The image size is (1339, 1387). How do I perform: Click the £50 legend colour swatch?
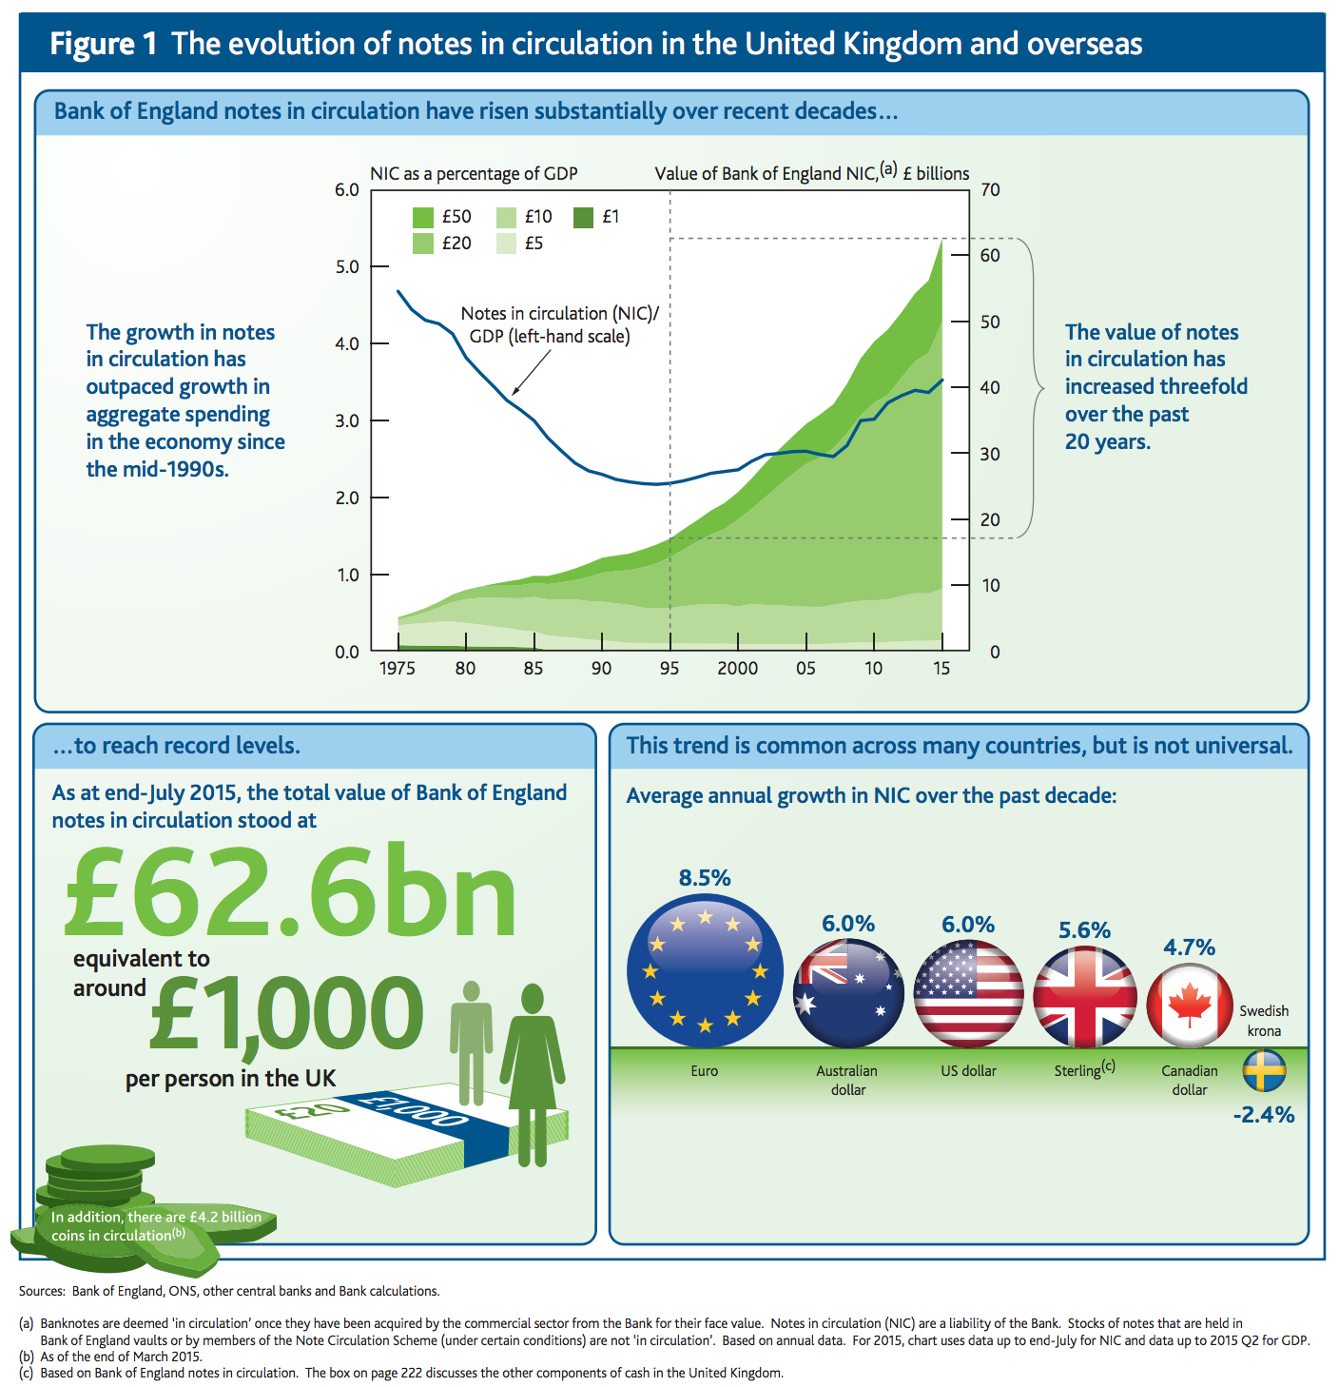point(423,217)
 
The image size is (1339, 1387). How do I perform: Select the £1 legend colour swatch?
point(584,217)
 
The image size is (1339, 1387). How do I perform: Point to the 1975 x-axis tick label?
point(398,668)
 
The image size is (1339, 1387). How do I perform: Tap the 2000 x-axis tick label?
point(737,668)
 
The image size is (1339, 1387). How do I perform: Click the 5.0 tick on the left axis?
point(347,266)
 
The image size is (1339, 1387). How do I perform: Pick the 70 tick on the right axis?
point(990,189)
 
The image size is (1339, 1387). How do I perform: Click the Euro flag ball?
point(705,970)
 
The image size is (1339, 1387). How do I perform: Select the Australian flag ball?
point(848,993)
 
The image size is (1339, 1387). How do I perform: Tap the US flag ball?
point(968,993)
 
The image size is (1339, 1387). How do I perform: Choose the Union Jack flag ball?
point(1084,997)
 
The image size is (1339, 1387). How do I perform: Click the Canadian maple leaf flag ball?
point(1190,1005)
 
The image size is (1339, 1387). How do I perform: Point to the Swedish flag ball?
point(1264,1071)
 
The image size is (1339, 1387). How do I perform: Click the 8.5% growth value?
point(705,877)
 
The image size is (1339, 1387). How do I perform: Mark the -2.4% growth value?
point(1264,1114)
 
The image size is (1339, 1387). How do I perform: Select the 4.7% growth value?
point(1190,947)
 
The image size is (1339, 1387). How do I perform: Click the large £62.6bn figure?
point(290,892)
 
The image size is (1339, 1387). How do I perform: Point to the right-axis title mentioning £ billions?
point(812,173)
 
